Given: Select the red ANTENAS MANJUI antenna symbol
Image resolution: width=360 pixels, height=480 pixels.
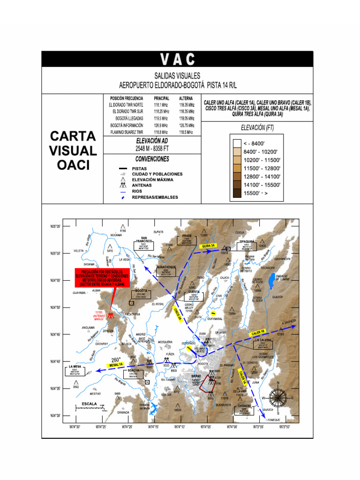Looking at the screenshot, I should pos(111,315).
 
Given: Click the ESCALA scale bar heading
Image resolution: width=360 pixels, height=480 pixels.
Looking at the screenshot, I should pos(89,404).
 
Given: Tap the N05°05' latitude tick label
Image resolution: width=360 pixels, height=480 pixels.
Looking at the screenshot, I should pos(55,226).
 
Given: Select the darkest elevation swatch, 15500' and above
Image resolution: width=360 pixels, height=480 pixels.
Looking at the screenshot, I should pos(237,193).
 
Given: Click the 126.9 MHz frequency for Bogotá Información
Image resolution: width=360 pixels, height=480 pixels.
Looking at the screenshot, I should pos(161,125).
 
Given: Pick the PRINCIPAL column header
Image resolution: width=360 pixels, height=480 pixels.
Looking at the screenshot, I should pos(161,98).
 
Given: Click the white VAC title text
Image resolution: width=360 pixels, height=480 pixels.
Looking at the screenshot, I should pos(177,59).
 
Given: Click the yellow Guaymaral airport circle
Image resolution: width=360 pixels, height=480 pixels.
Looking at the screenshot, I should pos(213,313).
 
